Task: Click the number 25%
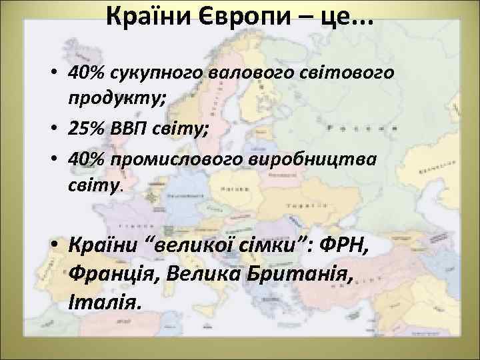(87, 128)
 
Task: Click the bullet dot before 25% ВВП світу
(55, 129)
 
